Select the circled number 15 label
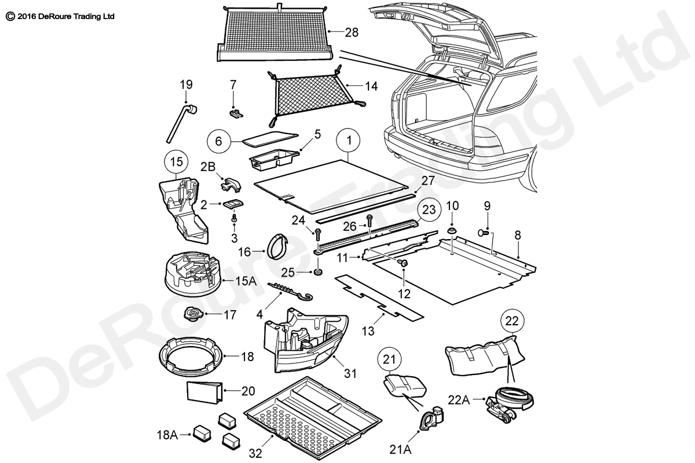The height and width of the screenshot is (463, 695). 177,161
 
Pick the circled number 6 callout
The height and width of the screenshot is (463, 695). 219,141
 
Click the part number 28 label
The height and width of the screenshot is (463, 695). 352,33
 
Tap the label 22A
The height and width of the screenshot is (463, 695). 460,399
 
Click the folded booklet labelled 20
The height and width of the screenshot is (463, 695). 204,391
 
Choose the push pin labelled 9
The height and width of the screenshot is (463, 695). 481,232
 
